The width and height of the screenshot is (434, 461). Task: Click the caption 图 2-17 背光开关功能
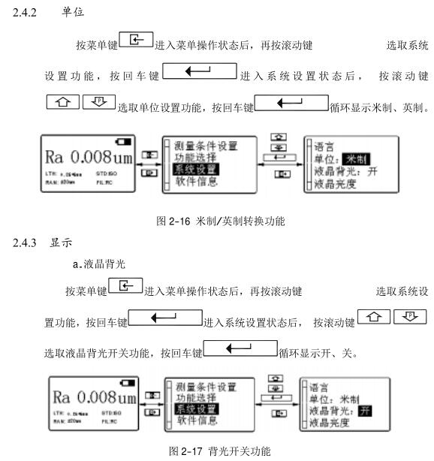coord(217,453)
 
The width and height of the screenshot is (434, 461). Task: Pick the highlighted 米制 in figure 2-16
coord(355,158)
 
